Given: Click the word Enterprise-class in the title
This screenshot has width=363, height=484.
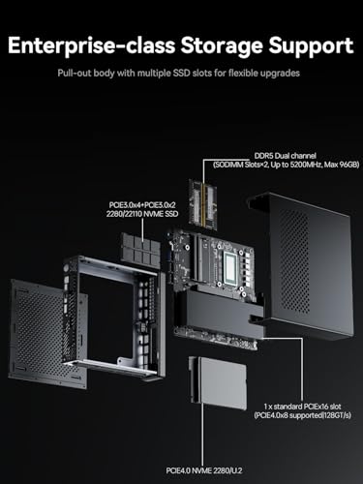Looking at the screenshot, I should coord(96,45).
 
